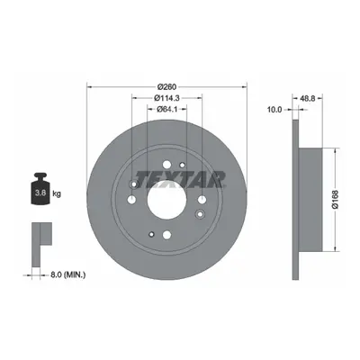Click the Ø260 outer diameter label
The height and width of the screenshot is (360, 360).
166,86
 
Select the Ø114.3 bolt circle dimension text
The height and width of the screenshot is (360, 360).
166,98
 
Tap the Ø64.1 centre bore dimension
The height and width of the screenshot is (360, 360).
166,109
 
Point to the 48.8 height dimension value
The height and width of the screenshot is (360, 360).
307,98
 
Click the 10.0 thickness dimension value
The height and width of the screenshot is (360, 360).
274,110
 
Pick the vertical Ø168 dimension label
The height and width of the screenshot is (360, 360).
335,199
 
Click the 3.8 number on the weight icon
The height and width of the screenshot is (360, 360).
40,193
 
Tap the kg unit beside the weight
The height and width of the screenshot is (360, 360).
57,193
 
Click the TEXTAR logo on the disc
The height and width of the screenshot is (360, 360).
180,179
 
